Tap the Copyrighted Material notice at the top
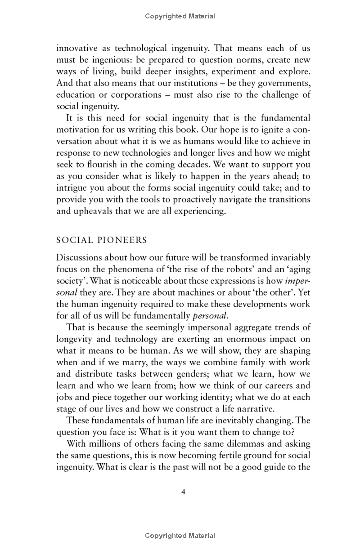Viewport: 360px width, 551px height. click(x=180, y=16)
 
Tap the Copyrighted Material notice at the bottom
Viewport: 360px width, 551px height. click(x=180, y=535)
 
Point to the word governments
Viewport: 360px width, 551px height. click(x=285, y=83)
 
